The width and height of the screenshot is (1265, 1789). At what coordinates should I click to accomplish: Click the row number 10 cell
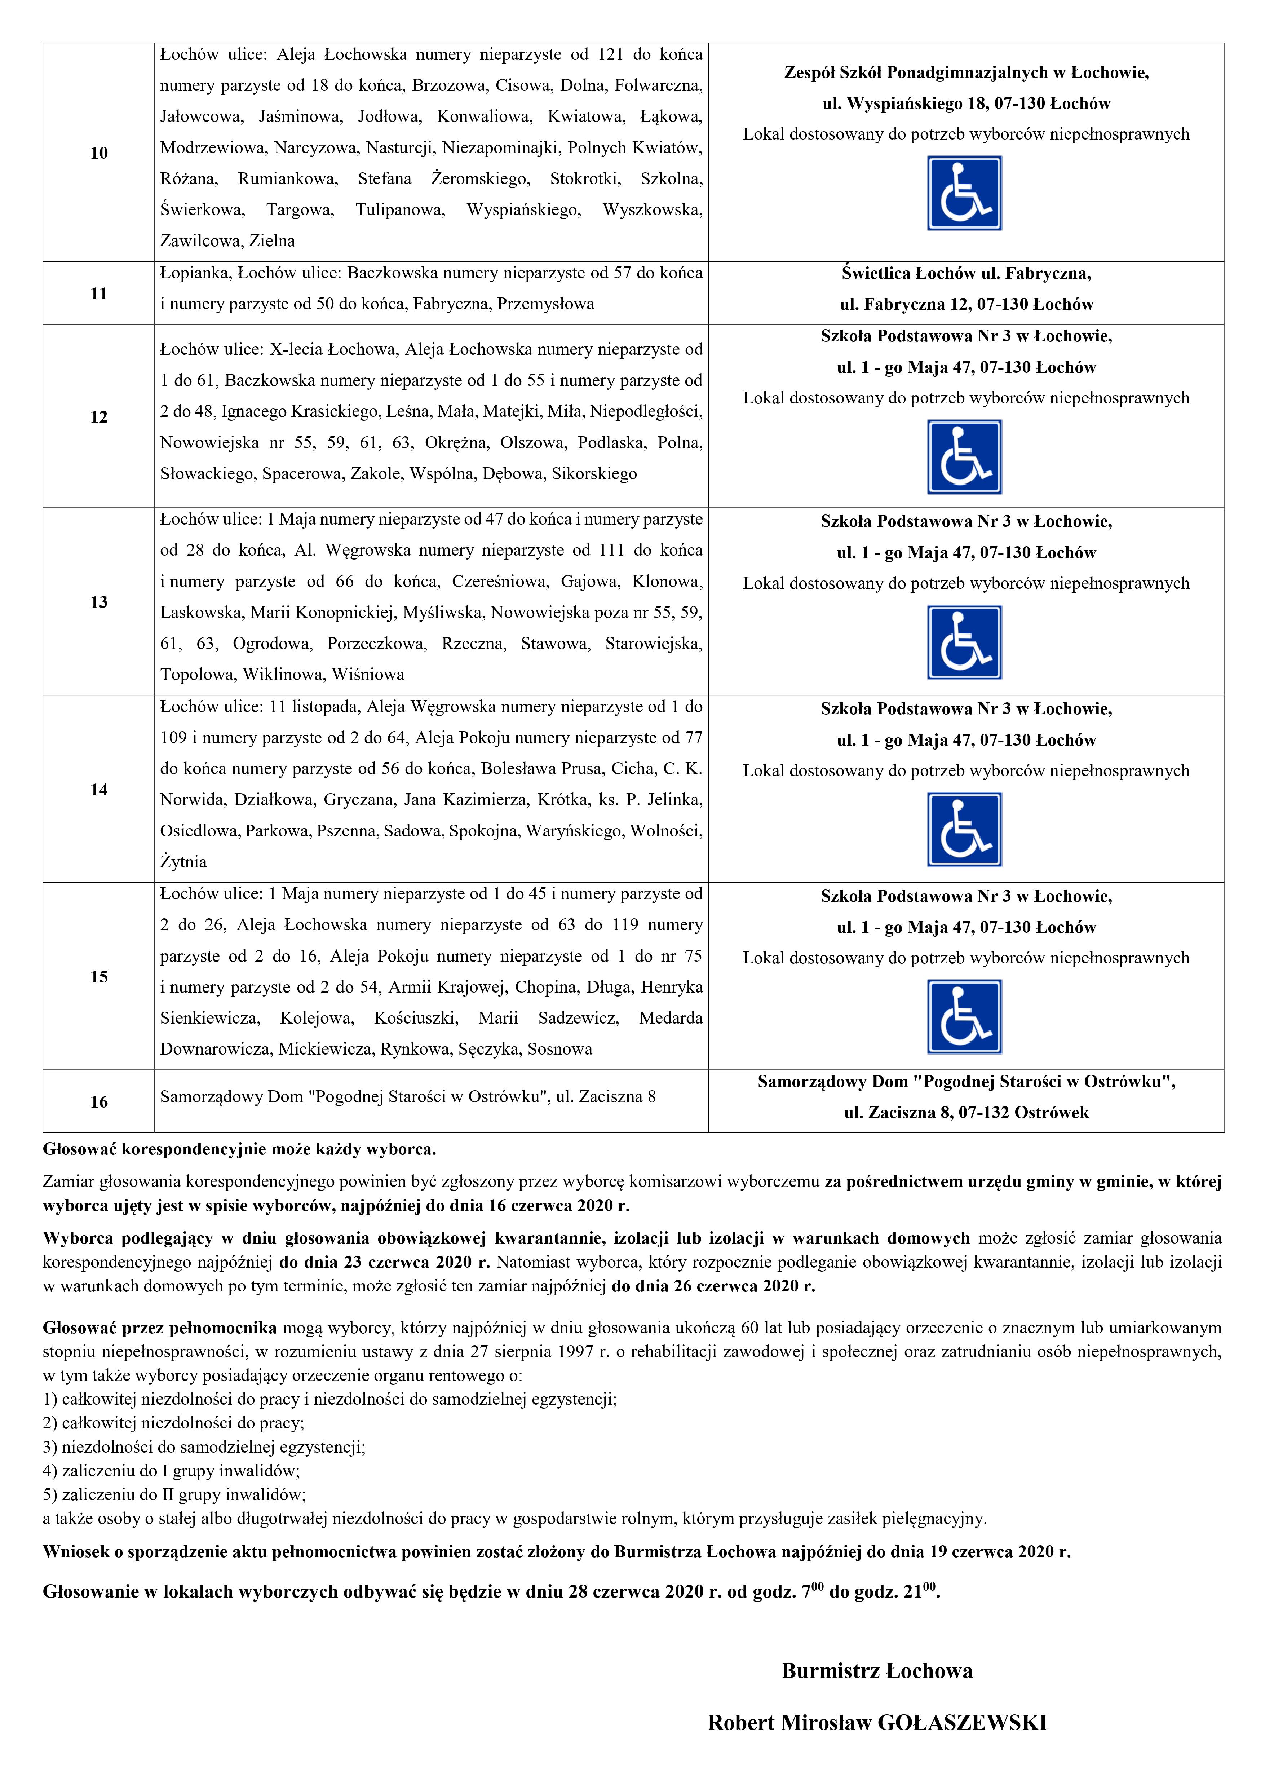pos(99,153)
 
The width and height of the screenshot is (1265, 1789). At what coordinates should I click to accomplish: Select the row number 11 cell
pos(99,294)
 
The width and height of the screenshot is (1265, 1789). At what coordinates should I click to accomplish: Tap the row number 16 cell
pos(99,1102)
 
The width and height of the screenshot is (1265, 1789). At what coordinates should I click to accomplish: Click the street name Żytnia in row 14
pos(184,862)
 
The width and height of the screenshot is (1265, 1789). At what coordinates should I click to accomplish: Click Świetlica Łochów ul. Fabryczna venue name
pos(966,274)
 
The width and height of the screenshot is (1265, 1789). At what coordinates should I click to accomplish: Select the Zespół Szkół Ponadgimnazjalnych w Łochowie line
pos(966,72)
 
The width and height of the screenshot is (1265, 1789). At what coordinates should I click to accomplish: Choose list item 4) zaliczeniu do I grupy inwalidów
pos(171,1471)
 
